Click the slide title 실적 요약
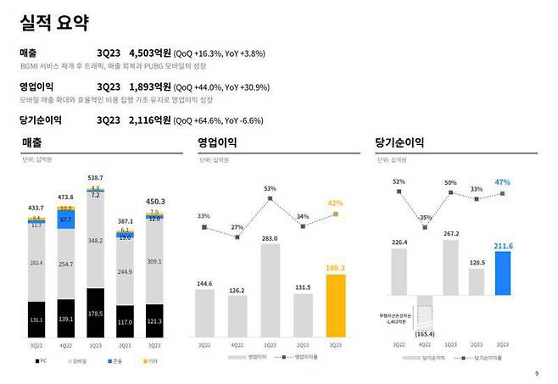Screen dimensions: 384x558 [57, 23]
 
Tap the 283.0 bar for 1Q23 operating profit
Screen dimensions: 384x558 [271, 291]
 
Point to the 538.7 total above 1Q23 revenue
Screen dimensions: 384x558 [95, 177]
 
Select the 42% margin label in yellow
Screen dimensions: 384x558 [336, 203]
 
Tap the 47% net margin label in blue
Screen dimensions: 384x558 [502, 182]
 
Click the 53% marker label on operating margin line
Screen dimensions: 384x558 [271, 189]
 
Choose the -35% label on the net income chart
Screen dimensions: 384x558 [424, 218]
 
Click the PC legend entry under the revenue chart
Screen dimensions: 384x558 [40, 360]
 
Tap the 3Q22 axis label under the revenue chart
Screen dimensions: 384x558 [35, 346]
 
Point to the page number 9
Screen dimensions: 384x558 [536, 373]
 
